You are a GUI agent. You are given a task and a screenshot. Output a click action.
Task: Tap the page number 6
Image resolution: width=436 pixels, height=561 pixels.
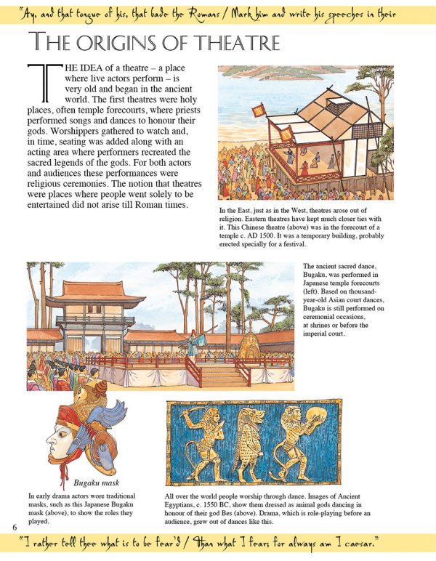click(x=13, y=525)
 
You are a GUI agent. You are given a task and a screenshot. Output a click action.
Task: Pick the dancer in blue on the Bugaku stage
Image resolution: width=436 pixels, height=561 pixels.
click(x=192, y=342)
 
